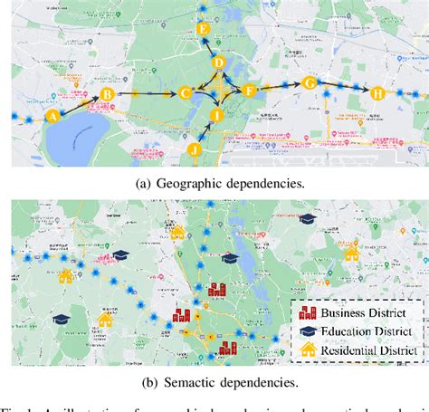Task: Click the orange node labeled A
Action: [52, 115]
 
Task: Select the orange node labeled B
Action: [106, 93]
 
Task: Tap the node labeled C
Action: [185, 92]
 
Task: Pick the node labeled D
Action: [219, 62]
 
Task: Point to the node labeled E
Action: [203, 30]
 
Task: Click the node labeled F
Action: [250, 90]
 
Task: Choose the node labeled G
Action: [309, 83]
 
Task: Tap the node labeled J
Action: [194, 148]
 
